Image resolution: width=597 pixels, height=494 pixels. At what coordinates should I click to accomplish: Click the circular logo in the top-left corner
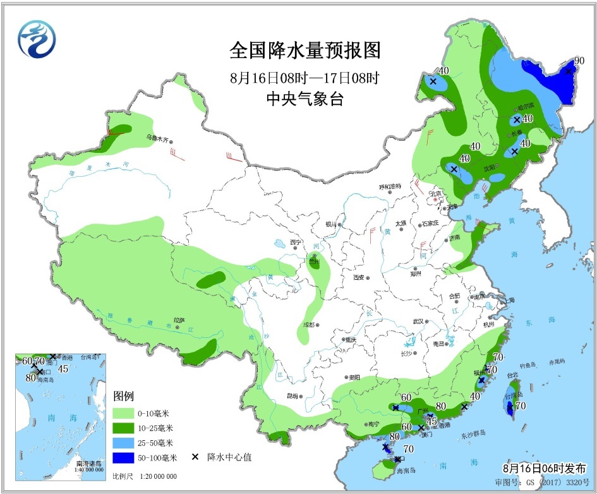click(37, 39)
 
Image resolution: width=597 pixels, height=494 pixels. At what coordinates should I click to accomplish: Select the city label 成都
click(308, 325)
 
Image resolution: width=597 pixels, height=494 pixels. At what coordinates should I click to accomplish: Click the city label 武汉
click(418, 322)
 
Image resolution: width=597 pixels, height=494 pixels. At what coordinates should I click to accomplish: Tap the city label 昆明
click(292, 396)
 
